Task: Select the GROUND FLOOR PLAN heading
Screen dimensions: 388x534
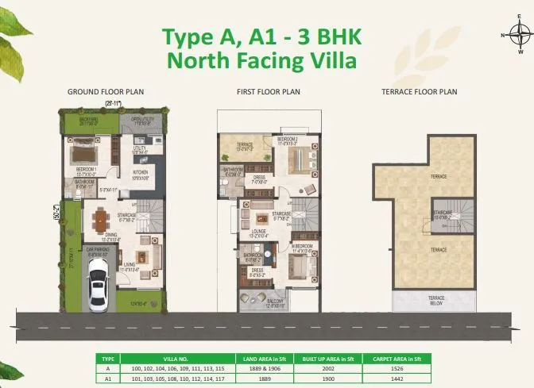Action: (x=106, y=92)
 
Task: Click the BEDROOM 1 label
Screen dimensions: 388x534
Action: (x=85, y=171)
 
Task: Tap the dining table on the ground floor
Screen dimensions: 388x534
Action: (x=102, y=221)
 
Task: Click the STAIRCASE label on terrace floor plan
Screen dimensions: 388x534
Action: (x=443, y=213)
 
